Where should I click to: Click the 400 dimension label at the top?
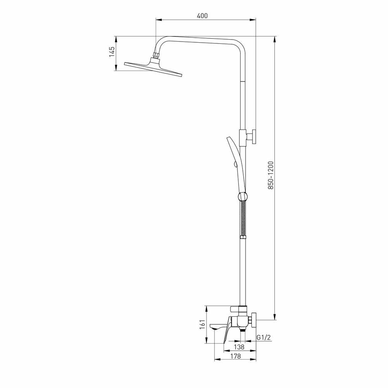click(202, 16)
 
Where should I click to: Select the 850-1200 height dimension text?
click(271, 175)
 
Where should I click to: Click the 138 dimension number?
click(240, 347)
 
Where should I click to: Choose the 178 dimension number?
click(235, 356)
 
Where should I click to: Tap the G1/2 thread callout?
click(263, 338)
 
